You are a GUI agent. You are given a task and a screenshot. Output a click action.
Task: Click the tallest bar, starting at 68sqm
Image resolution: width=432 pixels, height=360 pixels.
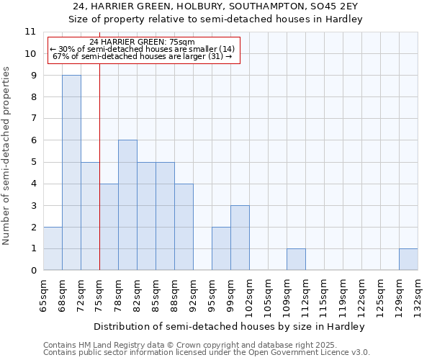click(71, 173)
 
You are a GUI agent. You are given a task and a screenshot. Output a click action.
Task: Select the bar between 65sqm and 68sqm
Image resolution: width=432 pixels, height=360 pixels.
click(53, 248)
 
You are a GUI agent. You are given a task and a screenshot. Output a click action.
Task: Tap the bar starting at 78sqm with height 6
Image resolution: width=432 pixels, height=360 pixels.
click(127, 205)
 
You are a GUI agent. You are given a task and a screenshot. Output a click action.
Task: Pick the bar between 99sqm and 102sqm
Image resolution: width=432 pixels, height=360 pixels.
click(240, 238)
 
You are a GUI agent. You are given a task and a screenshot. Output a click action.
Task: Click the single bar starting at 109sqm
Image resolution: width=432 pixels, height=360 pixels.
click(296, 259)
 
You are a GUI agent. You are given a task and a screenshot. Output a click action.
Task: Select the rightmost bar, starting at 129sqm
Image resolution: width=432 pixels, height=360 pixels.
click(408, 259)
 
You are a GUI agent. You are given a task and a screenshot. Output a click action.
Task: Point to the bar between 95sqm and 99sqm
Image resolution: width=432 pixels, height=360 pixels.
click(221, 248)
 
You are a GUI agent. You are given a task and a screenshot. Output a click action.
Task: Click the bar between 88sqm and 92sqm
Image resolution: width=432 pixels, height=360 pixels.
click(184, 227)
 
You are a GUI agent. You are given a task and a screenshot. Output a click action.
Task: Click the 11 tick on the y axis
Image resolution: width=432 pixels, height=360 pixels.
click(30, 32)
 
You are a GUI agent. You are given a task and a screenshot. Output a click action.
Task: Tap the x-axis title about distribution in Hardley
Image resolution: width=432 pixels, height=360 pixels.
click(230, 326)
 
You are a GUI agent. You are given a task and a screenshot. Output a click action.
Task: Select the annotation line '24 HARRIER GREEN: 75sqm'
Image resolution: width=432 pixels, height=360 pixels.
click(143, 42)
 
